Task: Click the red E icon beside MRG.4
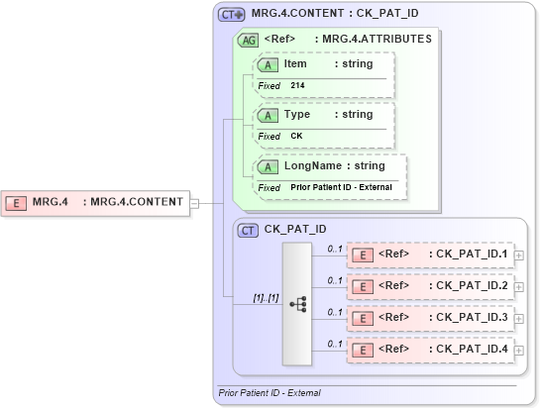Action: click(x=17, y=203)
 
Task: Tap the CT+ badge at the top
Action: click(x=232, y=16)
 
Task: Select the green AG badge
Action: click(x=250, y=40)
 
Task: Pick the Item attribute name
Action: click(x=295, y=63)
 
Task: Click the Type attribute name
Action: click(x=297, y=115)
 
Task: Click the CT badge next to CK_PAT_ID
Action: click(x=249, y=229)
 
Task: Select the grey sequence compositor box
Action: click(x=297, y=303)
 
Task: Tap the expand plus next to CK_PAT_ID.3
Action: click(x=520, y=318)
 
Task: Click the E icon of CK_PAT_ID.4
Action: click(x=363, y=349)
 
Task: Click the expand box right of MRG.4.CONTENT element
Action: click(x=194, y=203)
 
